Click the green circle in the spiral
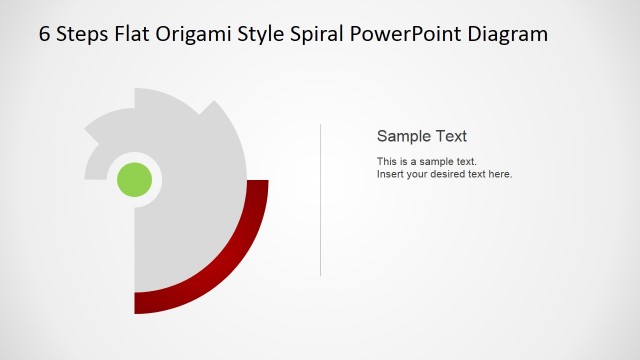pos(134,180)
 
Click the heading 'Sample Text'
pos(421,136)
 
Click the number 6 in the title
pos(45,33)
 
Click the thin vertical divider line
pos(320,200)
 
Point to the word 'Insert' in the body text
pos(390,174)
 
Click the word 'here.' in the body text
pos(500,174)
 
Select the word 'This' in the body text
pos(387,161)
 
